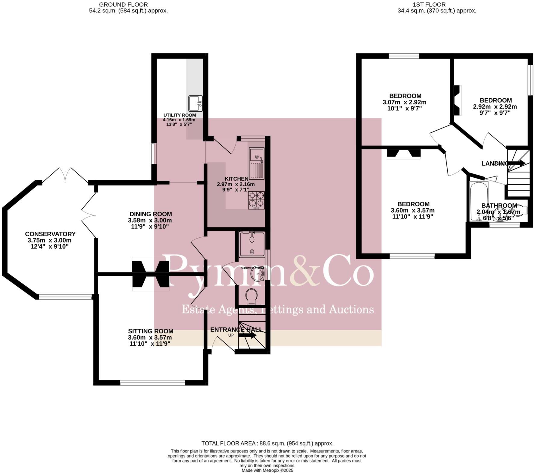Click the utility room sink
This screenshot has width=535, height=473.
coord(196,103)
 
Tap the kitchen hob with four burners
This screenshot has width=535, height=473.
coord(256,200)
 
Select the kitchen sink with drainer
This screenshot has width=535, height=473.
coord(257,163)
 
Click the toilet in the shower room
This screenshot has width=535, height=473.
coord(251,297)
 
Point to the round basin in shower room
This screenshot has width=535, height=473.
coord(257,274)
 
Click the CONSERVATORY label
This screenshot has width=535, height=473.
coord(50,234)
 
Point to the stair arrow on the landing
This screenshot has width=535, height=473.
coord(517,163)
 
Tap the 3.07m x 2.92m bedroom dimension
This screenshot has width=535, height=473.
coord(405,102)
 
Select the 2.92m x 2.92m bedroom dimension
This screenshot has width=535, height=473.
coord(495,106)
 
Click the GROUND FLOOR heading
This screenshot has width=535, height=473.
coord(124,5)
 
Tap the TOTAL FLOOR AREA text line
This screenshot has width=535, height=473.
coord(267,443)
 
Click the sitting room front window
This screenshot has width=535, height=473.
coord(152,383)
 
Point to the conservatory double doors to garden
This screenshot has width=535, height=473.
coord(66,176)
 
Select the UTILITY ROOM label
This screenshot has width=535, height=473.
coord(180,115)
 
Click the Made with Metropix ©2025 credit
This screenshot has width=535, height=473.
coord(267,470)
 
